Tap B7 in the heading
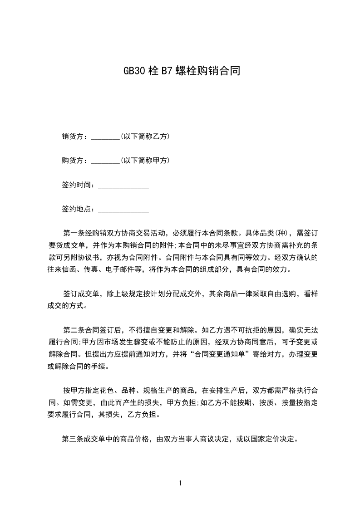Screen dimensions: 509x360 163,71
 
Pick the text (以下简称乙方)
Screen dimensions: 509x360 145,136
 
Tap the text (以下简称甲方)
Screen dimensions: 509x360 145,161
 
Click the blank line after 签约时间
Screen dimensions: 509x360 123,186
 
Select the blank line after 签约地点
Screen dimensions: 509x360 123,210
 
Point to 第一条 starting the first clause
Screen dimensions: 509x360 73,234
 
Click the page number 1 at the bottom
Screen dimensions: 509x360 180,483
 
